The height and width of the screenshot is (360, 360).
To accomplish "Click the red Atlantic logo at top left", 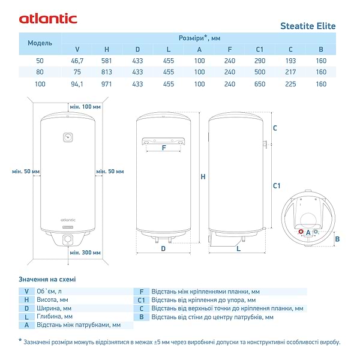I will point(47,18).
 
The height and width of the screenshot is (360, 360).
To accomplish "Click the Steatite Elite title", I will point(308,26).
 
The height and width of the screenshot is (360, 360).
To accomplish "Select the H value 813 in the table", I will point(107,72).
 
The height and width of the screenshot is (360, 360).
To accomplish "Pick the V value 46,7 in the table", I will point(77,61).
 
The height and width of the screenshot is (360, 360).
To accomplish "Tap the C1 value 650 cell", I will point(260,84).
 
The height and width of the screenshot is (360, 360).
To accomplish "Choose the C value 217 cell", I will point(290,72).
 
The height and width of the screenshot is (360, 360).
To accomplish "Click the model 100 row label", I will point(40,84).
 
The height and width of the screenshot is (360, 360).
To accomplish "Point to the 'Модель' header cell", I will point(40,43).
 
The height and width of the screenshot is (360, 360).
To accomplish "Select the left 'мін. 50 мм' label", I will point(26,172).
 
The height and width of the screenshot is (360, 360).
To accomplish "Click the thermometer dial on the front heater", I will point(68,137).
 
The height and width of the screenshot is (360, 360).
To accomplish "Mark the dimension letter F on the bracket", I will point(163,147).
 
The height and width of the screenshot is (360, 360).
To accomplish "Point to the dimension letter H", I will point(203,177).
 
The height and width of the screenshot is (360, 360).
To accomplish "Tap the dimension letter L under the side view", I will point(238,248).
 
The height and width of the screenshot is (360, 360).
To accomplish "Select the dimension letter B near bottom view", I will point(337,239).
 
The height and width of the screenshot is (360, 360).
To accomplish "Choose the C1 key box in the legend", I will point(142,299).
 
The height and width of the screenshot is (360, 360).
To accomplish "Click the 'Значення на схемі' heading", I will point(47,279).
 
